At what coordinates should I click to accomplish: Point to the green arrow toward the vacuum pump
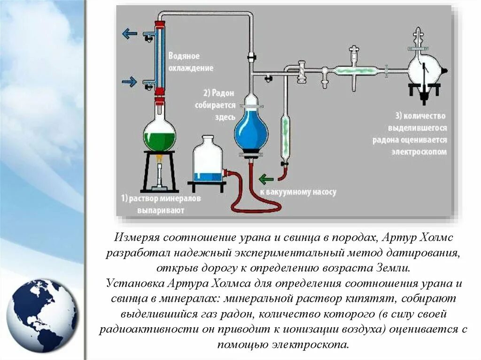click(x=266, y=179)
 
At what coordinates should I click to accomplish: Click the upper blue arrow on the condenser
click(x=130, y=33)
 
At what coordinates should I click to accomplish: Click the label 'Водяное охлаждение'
click(x=191, y=62)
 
